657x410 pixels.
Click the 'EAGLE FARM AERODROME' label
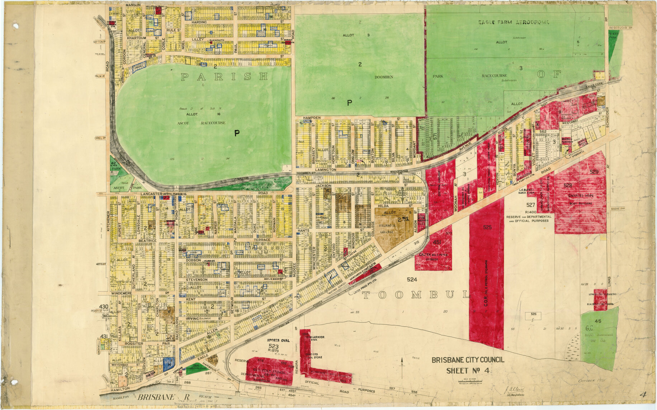514,22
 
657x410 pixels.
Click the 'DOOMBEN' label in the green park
384,77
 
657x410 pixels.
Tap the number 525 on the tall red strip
487,227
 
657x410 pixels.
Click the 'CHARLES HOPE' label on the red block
580,196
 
